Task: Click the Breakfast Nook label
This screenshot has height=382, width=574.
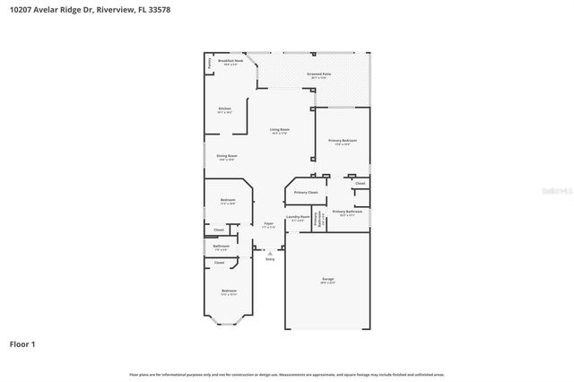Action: coord(230,61)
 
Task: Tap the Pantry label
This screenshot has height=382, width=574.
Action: coord(210,64)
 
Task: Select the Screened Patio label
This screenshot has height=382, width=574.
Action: coord(319,74)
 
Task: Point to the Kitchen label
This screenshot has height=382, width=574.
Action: coord(224,109)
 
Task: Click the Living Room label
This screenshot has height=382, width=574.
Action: coord(280,130)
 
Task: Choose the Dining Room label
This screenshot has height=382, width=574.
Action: coord(226,156)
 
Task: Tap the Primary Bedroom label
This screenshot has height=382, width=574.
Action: coord(343,141)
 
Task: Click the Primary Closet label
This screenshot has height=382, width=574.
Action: coord(306,192)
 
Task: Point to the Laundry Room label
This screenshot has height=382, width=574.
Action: coord(298,217)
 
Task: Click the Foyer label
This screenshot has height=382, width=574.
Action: coord(268,223)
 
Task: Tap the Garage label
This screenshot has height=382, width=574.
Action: coord(327,280)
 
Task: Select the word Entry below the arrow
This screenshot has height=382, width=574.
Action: coord(269,259)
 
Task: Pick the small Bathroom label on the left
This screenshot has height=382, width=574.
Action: coord(221,246)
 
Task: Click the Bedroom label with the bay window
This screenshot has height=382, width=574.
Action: coord(230,291)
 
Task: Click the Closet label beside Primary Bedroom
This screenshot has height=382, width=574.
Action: coord(360,183)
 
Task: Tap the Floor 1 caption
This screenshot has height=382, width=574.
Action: coord(22,343)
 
